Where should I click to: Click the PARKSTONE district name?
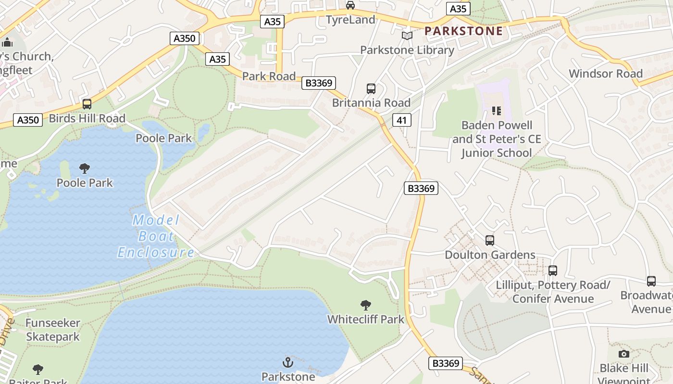(463, 31)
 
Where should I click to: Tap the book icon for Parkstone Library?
(407, 36)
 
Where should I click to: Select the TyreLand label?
(350, 20)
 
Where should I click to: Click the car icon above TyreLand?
(350, 5)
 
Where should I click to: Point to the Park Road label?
(269, 76)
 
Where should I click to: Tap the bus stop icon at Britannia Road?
(371, 89)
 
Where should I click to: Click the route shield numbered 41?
(401, 120)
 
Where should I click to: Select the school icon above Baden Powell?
(497, 111)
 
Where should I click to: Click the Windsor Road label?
(605, 73)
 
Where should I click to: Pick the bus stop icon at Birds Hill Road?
(87, 104)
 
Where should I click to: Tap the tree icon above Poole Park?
(85, 168)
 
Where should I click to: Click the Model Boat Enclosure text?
(156, 236)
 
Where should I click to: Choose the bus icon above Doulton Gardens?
(490, 240)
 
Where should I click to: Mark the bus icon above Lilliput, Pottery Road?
(553, 271)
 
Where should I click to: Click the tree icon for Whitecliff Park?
(366, 305)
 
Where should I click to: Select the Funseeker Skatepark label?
(53, 330)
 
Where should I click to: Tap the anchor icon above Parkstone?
(288, 362)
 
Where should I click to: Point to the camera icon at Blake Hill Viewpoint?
(623, 354)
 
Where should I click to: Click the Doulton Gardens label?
(490, 254)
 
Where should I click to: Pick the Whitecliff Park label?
(366, 319)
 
